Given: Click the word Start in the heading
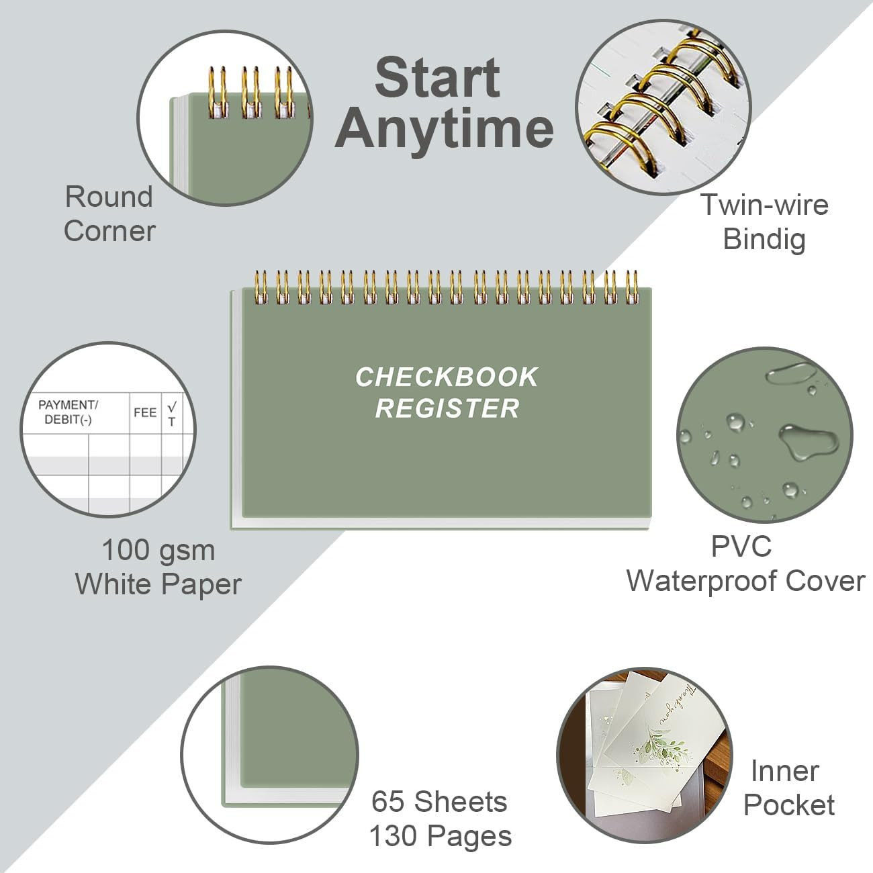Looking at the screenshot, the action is pyautogui.click(x=438, y=77).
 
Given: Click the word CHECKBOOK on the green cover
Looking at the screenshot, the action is pyautogui.click(x=447, y=377).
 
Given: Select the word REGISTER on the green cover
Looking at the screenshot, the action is pyautogui.click(x=447, y=408).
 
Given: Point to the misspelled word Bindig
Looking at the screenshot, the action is pyautogui.click(x=764, y=240).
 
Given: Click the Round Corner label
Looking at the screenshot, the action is pyautogui.click(x=109, y=214).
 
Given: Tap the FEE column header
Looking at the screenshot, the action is pyautogui.click(x=145, y=412).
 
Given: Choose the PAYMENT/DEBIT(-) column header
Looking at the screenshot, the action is pyautogui.click(x=68, y=412).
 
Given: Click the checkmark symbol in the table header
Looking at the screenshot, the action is pyautogui.click(x=172, y=406).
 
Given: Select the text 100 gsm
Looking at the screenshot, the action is pyautogui.click(x=158, y=551).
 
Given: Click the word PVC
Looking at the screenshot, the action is pyautogui.click(x=741, y=547).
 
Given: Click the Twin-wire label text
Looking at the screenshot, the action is pyautogui.click(x=765, y=205).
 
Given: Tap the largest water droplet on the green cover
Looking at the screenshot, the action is pyautogui.click(x=809, y=439).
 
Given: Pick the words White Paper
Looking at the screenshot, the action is pyautogui.click(x=158, y=584).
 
